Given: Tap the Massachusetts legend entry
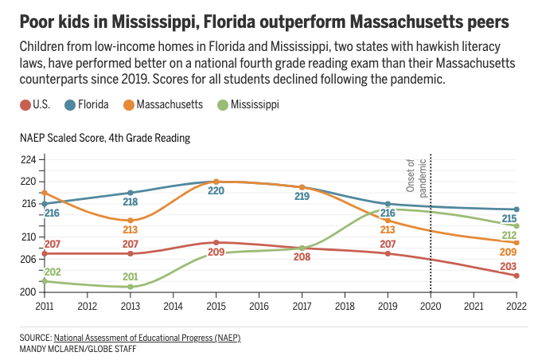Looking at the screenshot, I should [163, 104].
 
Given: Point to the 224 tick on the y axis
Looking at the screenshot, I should [28, 159].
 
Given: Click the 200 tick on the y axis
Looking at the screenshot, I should [28, 292].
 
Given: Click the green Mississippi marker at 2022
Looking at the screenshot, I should [516, 226].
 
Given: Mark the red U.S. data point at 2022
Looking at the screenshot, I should [516, 276].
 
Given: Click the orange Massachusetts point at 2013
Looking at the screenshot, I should [130, 221].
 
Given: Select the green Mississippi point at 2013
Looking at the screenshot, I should [130, 287].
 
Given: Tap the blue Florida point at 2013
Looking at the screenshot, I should [130, 193].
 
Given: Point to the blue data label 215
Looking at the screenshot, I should [509, 219].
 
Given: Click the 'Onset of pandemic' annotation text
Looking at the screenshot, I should [416, 178].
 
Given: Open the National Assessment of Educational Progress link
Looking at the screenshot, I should [146, 338].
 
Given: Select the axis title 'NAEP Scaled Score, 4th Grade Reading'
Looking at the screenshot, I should [106, 138].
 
